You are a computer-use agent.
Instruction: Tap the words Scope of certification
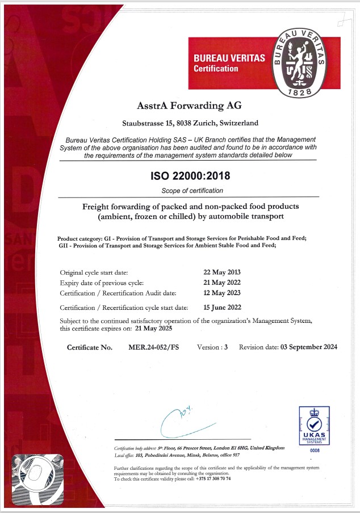pyautogui.click(x=192, y=191)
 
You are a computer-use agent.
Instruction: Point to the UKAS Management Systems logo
pyautogui.click(x=314, y=425)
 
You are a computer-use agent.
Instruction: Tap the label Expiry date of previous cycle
pyautogui.click(x=102, y=283)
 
